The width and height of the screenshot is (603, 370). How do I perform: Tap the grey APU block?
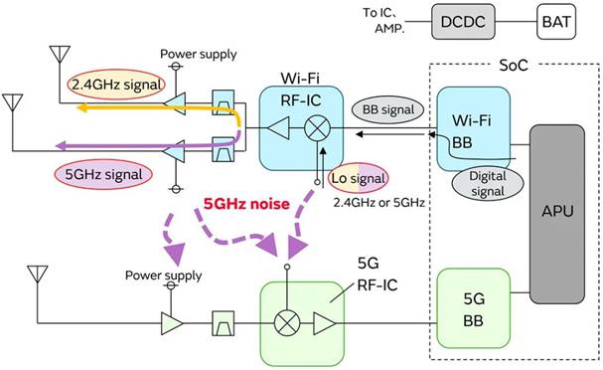click(x=562, y=212)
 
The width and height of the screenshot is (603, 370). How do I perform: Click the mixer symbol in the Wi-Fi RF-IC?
click(x=320, y=129)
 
